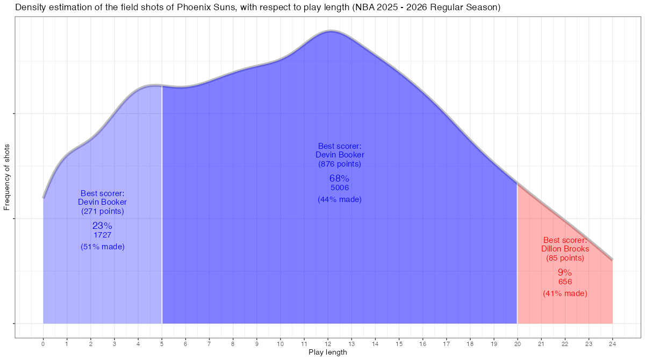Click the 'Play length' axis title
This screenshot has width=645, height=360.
click(328, 352)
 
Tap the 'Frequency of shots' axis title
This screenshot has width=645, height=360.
click(7, 177)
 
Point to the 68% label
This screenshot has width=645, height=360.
click(339, 178)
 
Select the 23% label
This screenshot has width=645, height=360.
click(102, 226)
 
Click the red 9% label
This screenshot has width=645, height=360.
click(565, 272)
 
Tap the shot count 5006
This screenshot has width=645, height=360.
click(339, 188)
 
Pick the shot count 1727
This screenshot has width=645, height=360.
click(102, 235)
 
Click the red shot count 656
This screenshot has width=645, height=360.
click(565, 282)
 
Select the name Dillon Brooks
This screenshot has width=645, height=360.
click(565, 249)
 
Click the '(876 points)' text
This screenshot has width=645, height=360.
click(339, 164)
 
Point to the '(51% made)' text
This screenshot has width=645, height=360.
click(102, 247)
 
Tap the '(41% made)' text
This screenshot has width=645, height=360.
click(565, 293)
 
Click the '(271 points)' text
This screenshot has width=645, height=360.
click(102, 211)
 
